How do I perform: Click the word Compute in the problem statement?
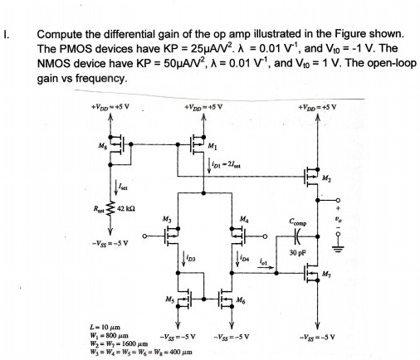click(x=57, y=35)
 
